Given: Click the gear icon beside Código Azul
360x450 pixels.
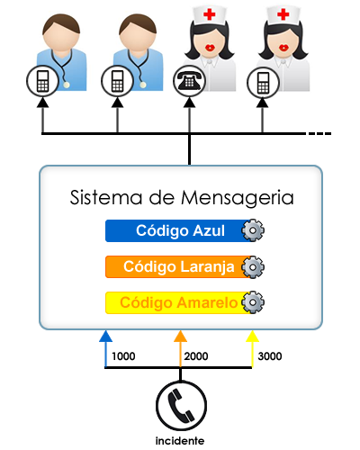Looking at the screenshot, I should [255, 230].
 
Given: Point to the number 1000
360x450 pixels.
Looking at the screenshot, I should [123, 356].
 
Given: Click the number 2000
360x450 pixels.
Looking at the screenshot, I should [195, 356].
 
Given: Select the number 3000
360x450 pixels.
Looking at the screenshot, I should [268, 356].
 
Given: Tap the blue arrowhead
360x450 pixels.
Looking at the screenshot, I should [105, 337].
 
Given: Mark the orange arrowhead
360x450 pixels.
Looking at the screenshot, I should [180, 337].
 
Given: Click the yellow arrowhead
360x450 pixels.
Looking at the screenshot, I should [253, 337].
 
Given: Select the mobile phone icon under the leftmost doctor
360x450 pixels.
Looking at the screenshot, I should [41, 81].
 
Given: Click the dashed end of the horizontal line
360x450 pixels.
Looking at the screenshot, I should [319, 134].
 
